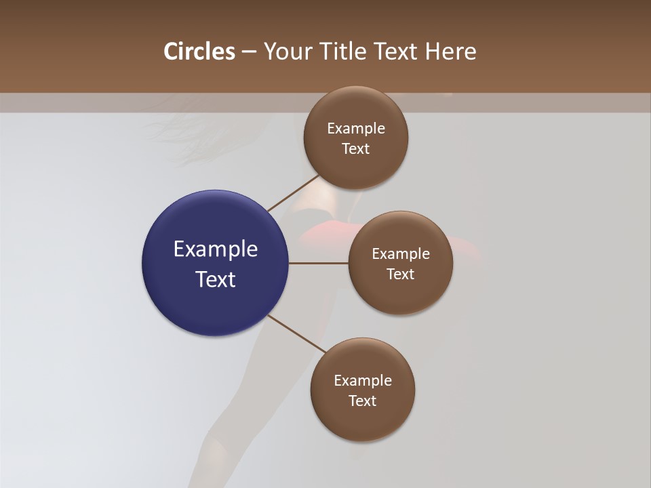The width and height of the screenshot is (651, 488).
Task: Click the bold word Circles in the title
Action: click(x=199, y=52)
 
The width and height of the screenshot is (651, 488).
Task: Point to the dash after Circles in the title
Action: click(x=249, y=52)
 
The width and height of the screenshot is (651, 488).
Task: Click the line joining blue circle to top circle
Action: click(x=294, y=193)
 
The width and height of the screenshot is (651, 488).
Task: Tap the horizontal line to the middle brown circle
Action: click(x=318, y=262)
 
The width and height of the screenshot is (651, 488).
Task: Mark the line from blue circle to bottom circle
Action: click(x=298, y=334)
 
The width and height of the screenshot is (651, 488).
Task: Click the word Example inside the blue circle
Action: click(x=216, y=249)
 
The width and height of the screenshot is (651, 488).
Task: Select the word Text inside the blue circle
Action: click(x=216, y=279)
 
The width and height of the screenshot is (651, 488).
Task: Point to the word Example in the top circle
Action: click(x=355, y=129)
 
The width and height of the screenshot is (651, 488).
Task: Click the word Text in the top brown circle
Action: click(x=355, y=149)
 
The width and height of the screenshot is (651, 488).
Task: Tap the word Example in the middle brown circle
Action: click(x=400, y=254)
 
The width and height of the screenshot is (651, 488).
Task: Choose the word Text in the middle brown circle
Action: click(x=400, y=274)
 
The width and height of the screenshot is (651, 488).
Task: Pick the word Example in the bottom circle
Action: click(x=362, y=381)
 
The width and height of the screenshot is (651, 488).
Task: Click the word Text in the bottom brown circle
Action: click(x=362, y=401)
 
